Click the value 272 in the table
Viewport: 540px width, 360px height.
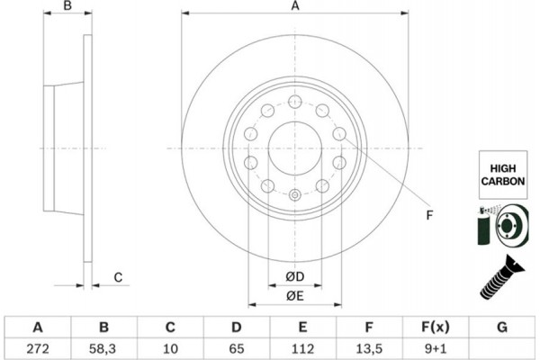click(37, 346)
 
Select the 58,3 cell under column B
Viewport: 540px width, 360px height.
click(103, 346)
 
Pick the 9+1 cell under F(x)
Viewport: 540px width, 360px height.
click(436, 346)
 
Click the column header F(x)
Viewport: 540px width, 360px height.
click(436, 326)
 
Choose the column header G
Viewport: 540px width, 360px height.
click(502, 326)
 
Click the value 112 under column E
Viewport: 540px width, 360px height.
click(303, 346)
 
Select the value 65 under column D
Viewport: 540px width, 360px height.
click(237, 346)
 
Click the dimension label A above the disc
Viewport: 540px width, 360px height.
click(294, 6)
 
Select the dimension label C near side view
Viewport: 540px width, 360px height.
click(117, 277)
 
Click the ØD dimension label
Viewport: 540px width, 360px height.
click(294, 275)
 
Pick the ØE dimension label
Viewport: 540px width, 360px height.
click(294, 296)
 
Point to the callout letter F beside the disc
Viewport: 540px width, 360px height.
click(429, 214)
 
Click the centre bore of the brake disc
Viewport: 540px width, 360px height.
click(294, 148)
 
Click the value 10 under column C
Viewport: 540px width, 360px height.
click(170, 346)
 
